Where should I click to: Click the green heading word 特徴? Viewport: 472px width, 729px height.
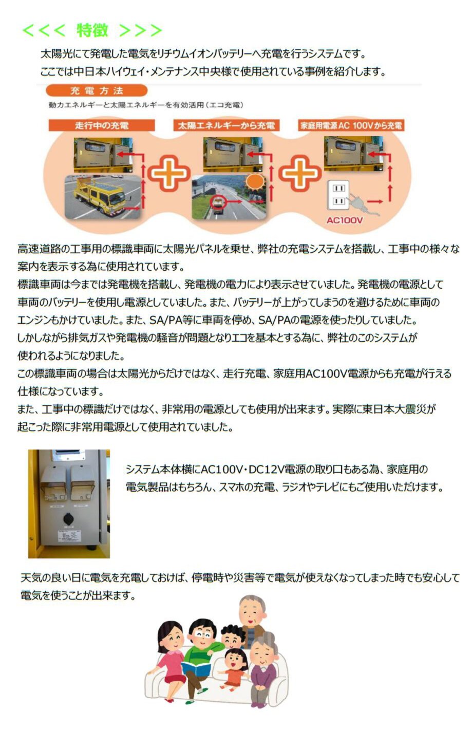coord(92,31)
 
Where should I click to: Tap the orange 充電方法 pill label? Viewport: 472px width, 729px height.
coord(97,90)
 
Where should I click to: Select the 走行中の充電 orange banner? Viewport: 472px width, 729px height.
coord(102,125)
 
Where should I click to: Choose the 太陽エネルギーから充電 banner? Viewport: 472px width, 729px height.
coord(226,126)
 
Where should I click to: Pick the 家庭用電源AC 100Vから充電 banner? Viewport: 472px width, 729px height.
coord(351,126)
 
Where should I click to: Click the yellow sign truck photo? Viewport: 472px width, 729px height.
coord(103,197)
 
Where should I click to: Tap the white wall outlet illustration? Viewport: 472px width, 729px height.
coord(338,195)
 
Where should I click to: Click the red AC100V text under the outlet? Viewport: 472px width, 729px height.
coord(345,220)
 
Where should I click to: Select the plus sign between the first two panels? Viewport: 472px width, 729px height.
coord(169,172)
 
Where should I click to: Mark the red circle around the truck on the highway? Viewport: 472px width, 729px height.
coord(217,202)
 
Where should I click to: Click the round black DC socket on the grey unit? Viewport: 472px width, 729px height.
coord(68,518)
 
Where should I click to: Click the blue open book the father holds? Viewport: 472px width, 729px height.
coord(196,667)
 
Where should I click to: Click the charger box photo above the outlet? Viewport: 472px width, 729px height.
coord(353,154)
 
